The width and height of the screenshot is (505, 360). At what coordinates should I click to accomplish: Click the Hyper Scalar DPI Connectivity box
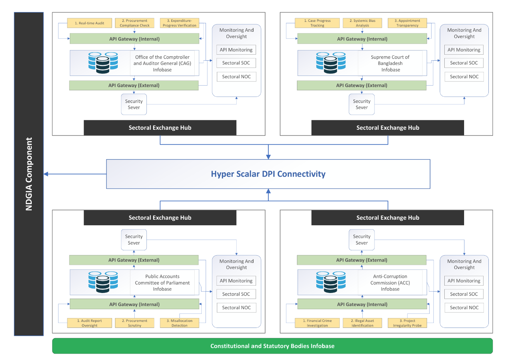(x=268, y=174)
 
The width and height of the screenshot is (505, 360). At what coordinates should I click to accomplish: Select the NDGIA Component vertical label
(x=29, y=174)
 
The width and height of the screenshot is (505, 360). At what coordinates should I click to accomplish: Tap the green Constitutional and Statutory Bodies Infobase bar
(x=272, y=346)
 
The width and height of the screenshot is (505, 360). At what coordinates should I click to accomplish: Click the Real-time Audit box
(x=90, y=23)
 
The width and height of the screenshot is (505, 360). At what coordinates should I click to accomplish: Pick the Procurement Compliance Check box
(x=134, y=23)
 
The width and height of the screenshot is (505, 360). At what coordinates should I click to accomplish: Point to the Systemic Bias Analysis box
(x=362, y=23)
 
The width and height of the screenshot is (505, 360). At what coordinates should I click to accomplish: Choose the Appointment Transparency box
(x=407, y=23)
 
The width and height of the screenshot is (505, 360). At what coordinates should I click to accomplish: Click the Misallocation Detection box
(x=180, y=323)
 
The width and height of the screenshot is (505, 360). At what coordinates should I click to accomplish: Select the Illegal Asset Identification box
(x=362, y=323)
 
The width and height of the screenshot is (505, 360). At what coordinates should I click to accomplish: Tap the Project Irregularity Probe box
(x=407, y=323)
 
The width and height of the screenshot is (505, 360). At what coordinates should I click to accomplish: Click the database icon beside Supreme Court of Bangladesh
(x=331, y=62)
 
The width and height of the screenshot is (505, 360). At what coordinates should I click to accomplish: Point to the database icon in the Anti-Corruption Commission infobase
(x=331, y=282)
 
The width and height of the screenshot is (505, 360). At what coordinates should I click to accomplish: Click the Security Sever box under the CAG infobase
(x=134, y=104)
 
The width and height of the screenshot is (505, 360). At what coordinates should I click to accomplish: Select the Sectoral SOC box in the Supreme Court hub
(x=464, y=63)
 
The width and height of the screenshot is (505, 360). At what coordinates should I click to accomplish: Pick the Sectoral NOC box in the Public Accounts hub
(x=236, y=307)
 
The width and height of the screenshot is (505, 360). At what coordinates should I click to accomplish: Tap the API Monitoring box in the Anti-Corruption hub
(x=464, y=281)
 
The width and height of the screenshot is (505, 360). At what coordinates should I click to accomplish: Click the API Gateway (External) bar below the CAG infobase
(x=134, y=85)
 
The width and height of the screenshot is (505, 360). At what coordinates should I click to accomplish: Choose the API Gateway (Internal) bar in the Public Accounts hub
(x=134, y=304)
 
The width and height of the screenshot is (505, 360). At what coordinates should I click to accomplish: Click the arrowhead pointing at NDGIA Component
(x=46, y=174)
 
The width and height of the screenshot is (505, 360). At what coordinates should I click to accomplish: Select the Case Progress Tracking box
(x=317, y=23)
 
